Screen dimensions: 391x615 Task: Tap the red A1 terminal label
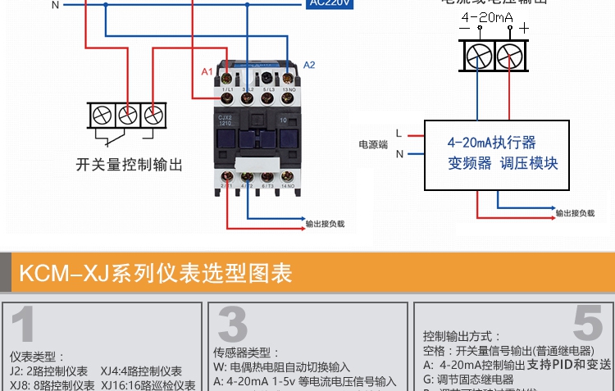207,72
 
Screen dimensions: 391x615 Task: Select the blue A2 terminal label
309,65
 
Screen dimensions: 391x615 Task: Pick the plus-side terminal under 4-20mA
510,55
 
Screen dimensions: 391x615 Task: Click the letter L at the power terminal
399,133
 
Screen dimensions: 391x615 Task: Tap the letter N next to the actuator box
399,153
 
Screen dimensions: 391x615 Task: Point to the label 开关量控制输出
129,165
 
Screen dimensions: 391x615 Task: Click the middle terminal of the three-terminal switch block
126,114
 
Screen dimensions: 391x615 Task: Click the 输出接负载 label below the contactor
325,223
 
